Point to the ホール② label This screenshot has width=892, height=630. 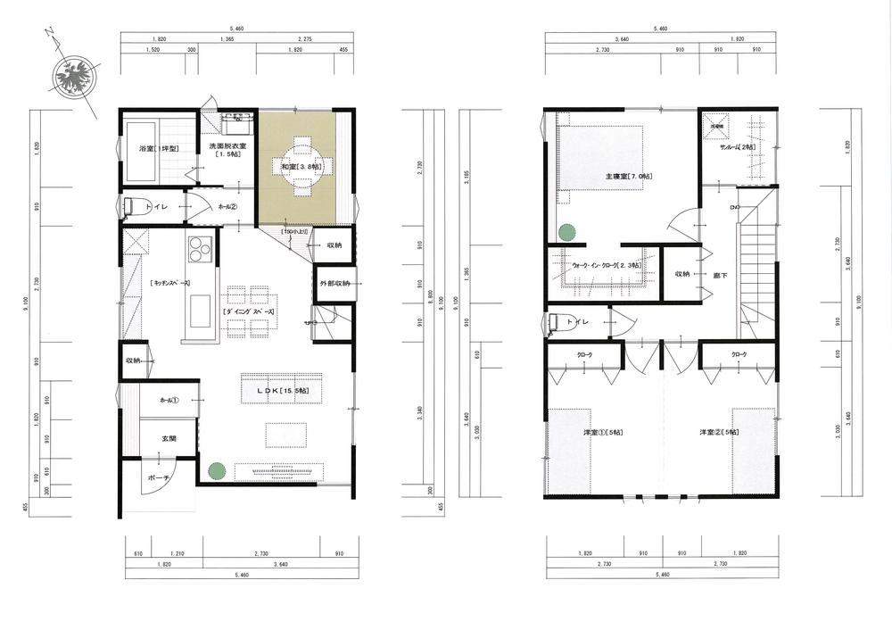(x=226, y=207)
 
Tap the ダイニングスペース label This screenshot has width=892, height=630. (x=249, y=311)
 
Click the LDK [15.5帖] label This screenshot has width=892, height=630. (x=283, y=392)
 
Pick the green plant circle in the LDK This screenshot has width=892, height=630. (x=215, y=469)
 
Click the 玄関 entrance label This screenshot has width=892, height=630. (x=169, y=438)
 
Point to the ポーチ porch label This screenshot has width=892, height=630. (x=160, y=479)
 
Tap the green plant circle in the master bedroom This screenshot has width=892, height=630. (x=566, y=232)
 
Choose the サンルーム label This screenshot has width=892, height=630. (x=738, y=147)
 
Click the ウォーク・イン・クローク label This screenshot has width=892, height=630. (x=604, y=266)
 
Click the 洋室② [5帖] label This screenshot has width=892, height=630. (x=719, y=433)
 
